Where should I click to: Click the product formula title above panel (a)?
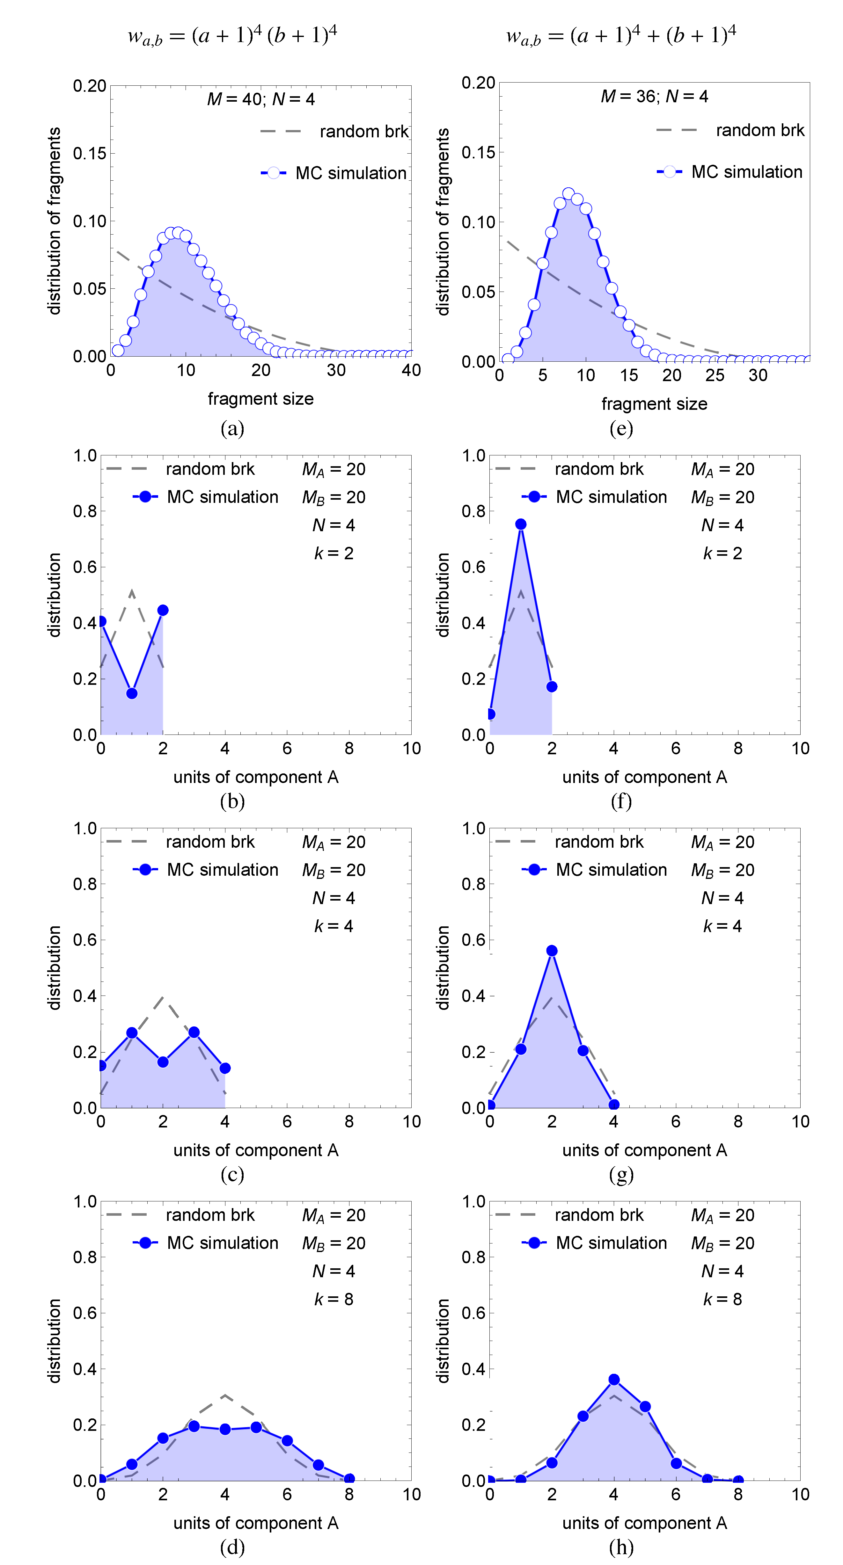[x=232, y=36]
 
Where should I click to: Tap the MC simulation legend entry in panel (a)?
[x=334, y=173]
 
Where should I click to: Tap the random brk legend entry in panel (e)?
[x=730, y=130]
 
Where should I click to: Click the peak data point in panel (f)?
[x=521, y=524]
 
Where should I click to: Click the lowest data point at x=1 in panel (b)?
[x=132, y=693]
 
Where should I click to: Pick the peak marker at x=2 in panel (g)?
[x=552, y=951]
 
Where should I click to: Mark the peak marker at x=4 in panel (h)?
[x=614, y=1380]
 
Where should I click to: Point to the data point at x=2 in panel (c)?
[x=163, y=1062]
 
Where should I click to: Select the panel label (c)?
[x=232, y=1174]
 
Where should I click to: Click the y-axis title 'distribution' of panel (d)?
[x=55, y=1340]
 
